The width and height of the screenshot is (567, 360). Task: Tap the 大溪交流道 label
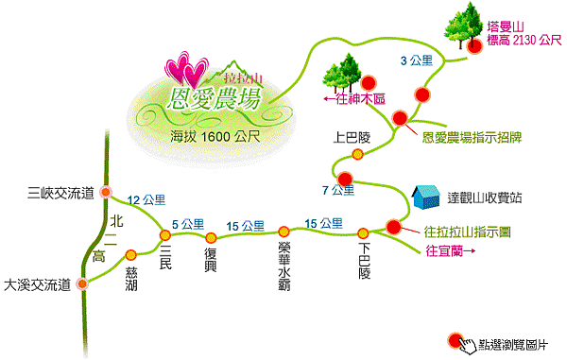[x=38, y=283]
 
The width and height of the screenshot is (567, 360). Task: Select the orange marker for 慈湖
[x=130, y=253]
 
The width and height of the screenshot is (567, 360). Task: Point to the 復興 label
[x=211, y=259]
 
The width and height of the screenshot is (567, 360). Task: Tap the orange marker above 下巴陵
[x=363, y=232]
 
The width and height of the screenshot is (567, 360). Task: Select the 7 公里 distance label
[x=337, y=191]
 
